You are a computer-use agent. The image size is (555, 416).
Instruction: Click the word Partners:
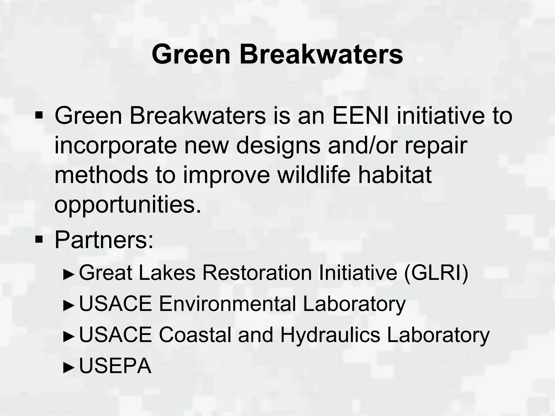(x=104, y=240)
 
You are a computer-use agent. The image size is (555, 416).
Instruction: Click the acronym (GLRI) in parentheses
(x=436, y=273)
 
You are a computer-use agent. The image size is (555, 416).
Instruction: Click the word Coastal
(x=195, y=335)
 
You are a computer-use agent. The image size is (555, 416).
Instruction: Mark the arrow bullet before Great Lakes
(x=69, y=274)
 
